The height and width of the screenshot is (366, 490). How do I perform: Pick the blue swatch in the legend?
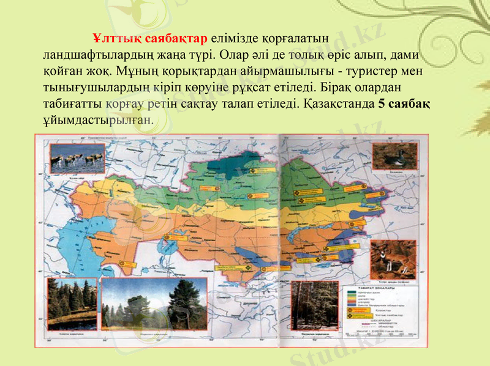(356, 304)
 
